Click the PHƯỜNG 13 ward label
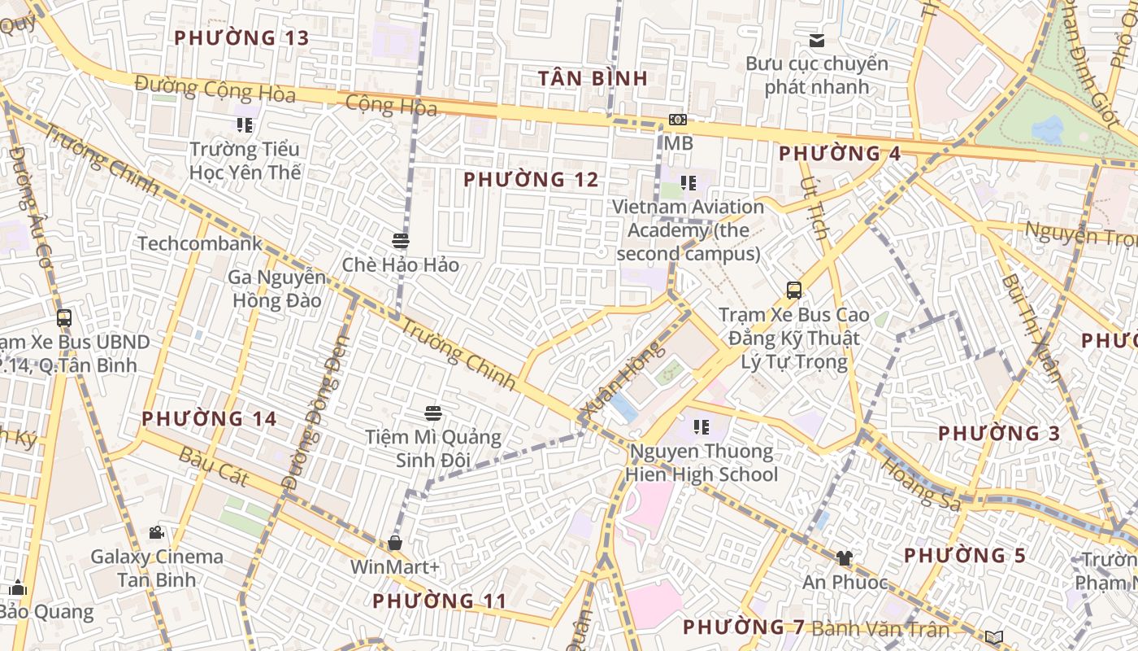point(241,37)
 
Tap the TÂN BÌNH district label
point(593,78)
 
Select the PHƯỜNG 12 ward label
point(531,179)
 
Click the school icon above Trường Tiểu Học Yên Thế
point(245,125)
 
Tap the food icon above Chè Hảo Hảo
point(400,241)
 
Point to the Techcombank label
point(200,243)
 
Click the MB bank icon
point(678,120)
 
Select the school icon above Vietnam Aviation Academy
point(688,183)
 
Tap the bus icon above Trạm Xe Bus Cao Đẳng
point(794,291)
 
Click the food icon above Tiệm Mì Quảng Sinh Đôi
point(433,413)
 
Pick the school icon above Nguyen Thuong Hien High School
point(701,427)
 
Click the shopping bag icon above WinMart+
point(395,543)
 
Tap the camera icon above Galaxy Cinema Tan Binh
point(156,533)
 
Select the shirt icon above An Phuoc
point(845,558)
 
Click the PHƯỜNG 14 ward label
point(209,419)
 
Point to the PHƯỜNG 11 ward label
point(439,601)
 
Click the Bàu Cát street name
point(214,466)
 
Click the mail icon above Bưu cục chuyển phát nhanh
point(817,40)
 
